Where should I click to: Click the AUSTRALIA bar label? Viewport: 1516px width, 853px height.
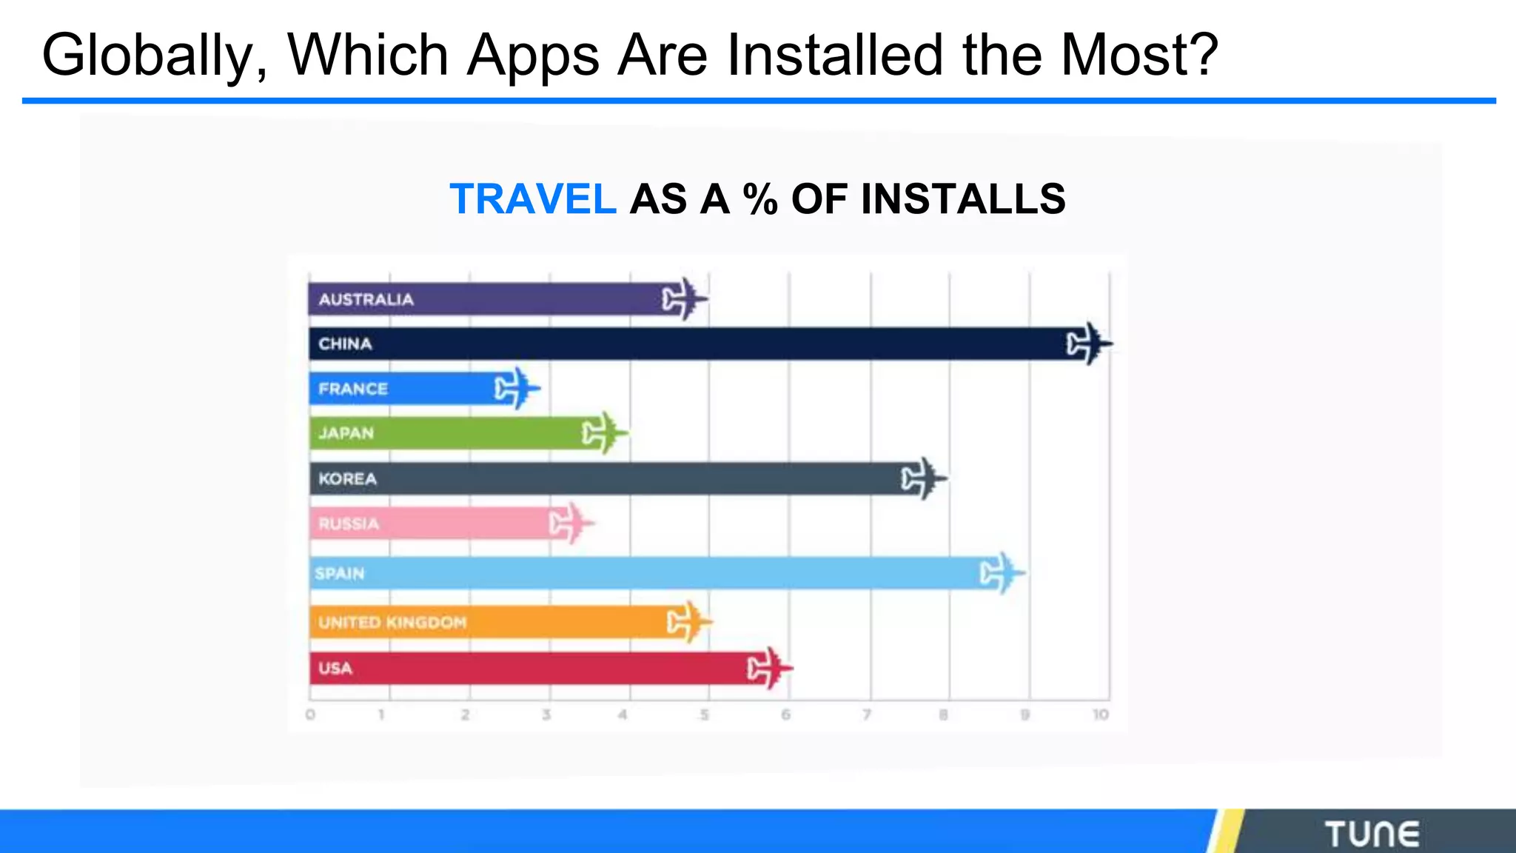pyautogui.click(x=366, y=300)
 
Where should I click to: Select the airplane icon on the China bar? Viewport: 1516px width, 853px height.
pyautogui.click(x=1088, y=344)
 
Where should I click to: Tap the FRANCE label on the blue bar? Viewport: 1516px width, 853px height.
pyautogui.click(x=353, y=389)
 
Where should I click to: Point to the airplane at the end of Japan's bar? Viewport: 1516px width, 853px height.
pyautogui.click(x=604, y=433)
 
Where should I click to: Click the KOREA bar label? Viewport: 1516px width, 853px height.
pyautogui.click(x=347, y=479)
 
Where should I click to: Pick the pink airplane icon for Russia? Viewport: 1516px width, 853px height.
pyautogui.click(x=571, y=523)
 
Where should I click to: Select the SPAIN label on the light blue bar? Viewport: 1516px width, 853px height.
pyautogui.click(x=340, y=573)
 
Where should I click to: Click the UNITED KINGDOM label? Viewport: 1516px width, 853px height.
pyautogui.click(x=392, y=623)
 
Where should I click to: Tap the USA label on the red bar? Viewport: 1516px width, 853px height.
pyautogui.click(x=335, y=669)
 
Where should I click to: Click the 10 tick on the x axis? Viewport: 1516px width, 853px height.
pyautogui.click(x=1100, y=715)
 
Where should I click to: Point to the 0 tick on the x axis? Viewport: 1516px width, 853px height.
pyautogui.click(x=310, y=715)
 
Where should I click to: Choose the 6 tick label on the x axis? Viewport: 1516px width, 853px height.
pyautogui.click(x=785, y=715)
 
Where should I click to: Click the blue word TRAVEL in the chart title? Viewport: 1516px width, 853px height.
pyautogui.click(x=532, y=199)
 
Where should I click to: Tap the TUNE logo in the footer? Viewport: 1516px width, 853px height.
pyautogui.click(x=1372, y=834)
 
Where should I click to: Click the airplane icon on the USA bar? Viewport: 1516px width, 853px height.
pyautogui.click(x=769, y=669)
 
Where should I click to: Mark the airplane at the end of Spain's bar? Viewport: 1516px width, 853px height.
pyautogui.click(x=1002, y=573)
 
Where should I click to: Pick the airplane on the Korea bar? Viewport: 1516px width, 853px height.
pyautogui.click(x=923, y=479)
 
